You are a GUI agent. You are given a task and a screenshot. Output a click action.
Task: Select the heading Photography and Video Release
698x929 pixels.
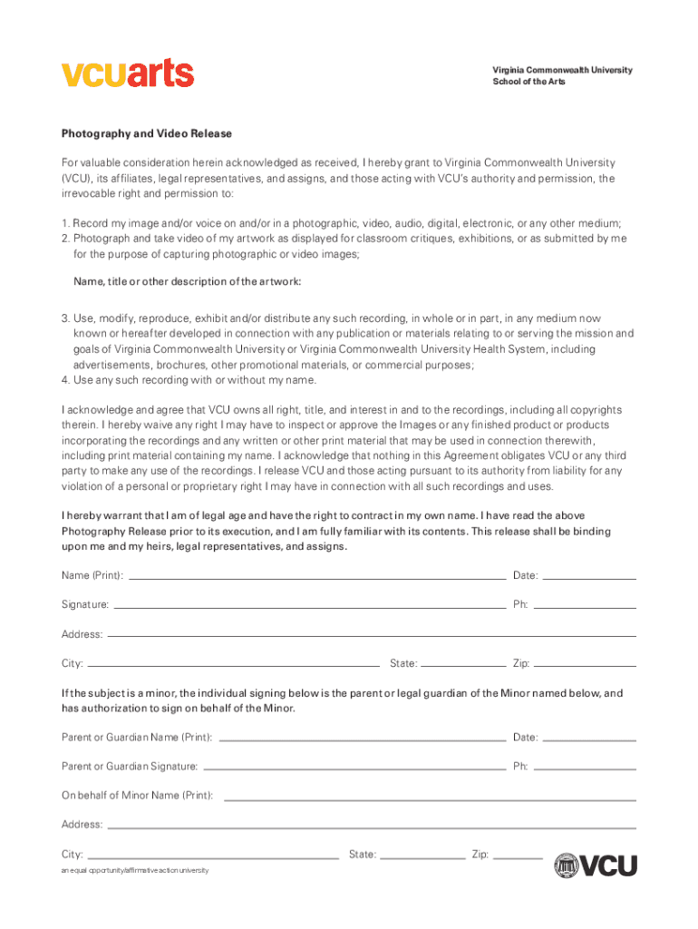tap(147, 133)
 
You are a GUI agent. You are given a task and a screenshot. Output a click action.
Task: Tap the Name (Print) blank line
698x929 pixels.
tap(317, 576)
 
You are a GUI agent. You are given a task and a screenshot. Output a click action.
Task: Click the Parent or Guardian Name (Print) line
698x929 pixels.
tap(363, 738)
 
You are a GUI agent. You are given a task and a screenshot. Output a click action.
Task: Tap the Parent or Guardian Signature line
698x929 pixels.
tap(354, 767)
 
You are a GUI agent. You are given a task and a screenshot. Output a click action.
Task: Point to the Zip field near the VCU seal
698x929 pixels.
tap(518, 855)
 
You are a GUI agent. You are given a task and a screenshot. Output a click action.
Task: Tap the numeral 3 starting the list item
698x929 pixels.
tap(65, 318)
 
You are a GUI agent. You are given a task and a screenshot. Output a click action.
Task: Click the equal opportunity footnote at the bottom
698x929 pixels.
tap(135, 870)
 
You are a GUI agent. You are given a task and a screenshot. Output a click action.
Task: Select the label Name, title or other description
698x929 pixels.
tap(187, 282)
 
